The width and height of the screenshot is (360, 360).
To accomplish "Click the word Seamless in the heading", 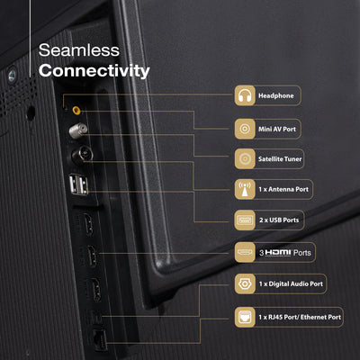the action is (x=79, y=50).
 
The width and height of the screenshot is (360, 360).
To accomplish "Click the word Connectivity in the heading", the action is (x=94, y=71).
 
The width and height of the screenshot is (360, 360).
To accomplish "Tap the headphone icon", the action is (x=245, y=95).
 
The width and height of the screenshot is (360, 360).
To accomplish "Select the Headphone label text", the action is (x=276, y=95).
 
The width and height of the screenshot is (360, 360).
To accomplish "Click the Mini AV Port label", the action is (x=277, y=129).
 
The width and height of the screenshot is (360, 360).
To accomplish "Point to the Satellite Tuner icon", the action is (x=245, y=158).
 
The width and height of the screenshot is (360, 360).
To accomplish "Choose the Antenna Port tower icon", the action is (x=245, y=189).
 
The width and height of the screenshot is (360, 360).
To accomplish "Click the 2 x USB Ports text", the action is (x=279, y=220).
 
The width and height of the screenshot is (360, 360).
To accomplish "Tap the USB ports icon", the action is (x=245, y=220).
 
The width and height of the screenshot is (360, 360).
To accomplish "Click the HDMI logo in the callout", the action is (x=278, y=253).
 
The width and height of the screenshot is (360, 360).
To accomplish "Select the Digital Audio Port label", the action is (x=291, y=283).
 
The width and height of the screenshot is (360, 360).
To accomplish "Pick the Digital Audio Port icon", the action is (x=245, y=283).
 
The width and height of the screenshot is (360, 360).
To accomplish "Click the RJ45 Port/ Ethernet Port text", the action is (x=300, y=317).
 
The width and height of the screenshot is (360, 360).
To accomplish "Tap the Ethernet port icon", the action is (x=245, y=317).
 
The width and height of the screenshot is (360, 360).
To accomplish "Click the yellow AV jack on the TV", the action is (x=76, y=111).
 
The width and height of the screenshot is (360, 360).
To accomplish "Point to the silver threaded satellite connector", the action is (x=78, y=130).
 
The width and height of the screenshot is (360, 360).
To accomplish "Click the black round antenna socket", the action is (x=82, y=156).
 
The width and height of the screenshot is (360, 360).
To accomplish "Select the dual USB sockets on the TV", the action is (x=78, y=184).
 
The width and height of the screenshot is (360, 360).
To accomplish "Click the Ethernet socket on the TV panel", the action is (x=100, y=340).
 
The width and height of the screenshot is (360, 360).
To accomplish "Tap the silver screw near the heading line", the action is (x=12, y=75).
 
